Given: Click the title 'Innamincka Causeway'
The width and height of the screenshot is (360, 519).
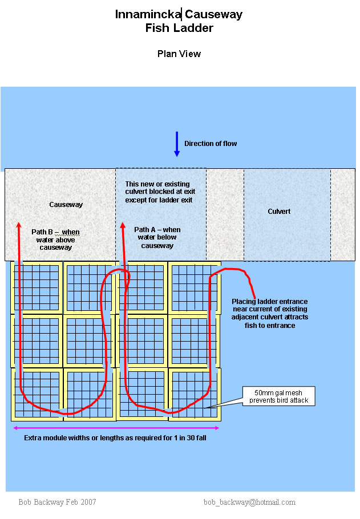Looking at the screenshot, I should click(x=179, y=14).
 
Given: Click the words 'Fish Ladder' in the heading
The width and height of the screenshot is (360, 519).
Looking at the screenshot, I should click(x=179, y=27).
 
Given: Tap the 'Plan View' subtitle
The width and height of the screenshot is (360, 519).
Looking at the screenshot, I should click(x=179, y=54).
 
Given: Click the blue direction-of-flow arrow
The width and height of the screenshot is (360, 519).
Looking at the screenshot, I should click(x=177, y=144).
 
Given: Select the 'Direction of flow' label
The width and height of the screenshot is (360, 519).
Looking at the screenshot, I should click(x=211, y=144).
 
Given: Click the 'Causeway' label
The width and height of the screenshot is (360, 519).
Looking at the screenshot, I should click(x=66, y=204).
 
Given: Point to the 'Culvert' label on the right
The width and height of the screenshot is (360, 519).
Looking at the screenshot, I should click(x=279, y=212).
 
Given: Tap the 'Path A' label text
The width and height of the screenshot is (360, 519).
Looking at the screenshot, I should click(x=157, y=237).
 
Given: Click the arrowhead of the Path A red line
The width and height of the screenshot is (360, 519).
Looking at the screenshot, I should click(x=122, y=227).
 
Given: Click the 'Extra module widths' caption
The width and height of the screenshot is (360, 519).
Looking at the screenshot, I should click(x=115, y=438).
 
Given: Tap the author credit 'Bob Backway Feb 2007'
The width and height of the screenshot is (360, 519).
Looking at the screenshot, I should click(x=57, y=502).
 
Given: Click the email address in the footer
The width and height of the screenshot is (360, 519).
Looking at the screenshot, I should click(x=249, y=502).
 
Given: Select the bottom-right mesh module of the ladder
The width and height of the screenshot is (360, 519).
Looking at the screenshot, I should click(x=193, y=394).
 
